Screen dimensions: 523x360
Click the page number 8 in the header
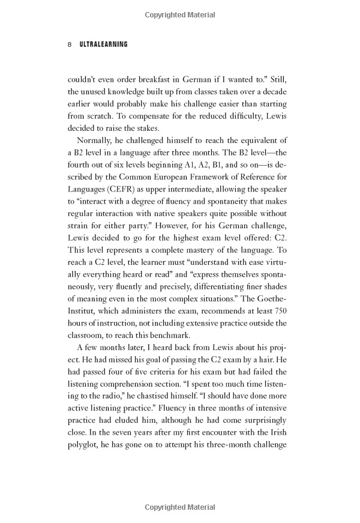(x=70, y=45)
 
